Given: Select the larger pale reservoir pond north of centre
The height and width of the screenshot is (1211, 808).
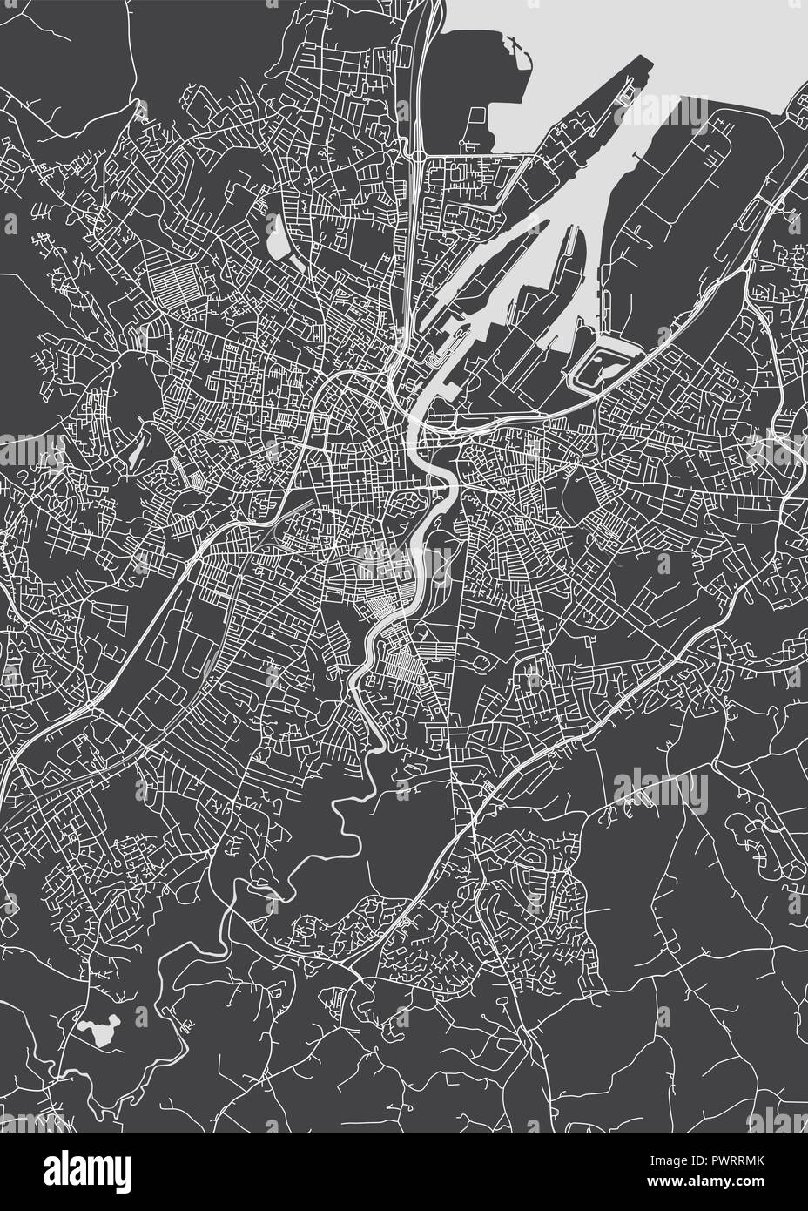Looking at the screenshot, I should [279, 235].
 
